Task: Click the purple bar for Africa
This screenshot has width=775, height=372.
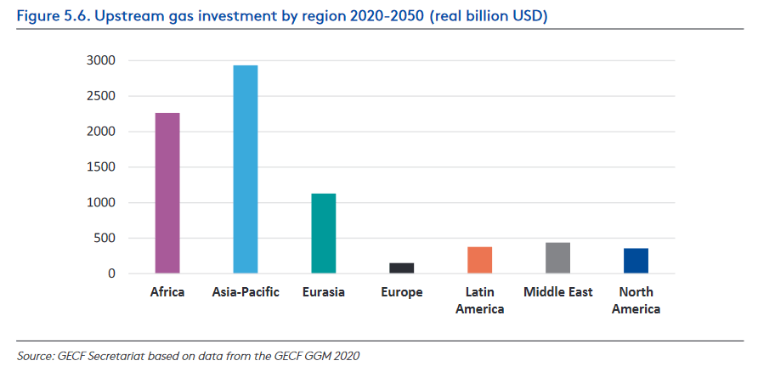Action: [167, 193]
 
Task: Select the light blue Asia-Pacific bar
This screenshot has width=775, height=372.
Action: [246, 169]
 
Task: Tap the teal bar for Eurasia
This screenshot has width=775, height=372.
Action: [324, 234]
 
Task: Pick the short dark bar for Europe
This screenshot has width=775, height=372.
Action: [402, 268]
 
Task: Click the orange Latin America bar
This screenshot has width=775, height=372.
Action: [480, 260]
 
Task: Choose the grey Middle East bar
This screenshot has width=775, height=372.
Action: [558, 258]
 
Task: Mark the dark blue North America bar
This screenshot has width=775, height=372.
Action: [636, 261]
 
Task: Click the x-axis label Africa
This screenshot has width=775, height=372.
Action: [167, 293]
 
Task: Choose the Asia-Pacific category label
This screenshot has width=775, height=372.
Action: [246, 293]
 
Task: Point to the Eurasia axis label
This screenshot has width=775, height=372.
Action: [324, 293]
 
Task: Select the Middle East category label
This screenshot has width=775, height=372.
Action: [558, 293]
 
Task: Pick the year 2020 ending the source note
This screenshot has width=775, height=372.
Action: [346, 356]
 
